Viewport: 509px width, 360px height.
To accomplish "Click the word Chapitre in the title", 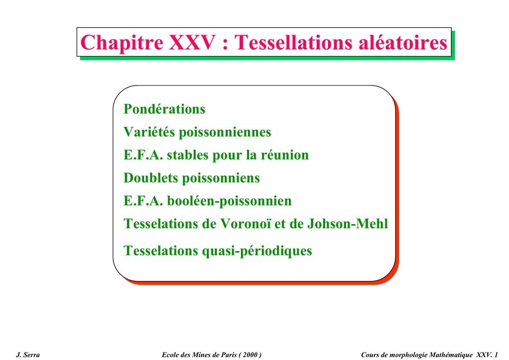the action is tap(122, 43).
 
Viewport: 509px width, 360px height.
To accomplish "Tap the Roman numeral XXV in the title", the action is tap(192, 42).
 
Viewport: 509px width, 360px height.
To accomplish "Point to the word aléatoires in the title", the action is tap(403, 42).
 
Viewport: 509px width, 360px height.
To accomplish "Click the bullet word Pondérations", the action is tap(164, 109).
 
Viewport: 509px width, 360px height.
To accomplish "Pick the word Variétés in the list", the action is tap(149, 132).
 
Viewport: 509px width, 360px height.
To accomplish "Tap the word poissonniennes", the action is tap(225, 132).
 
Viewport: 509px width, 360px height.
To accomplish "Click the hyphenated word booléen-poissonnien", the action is tap(229, 201).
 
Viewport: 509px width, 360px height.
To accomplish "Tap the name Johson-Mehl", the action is tap(347, 224).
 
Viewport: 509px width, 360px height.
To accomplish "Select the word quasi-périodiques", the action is tap(257, 251).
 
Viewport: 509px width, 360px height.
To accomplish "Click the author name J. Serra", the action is tap(28, 355).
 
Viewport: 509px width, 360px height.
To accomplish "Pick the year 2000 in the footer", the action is tap(250, 355).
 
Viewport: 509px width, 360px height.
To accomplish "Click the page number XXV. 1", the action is tap(487, 355).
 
